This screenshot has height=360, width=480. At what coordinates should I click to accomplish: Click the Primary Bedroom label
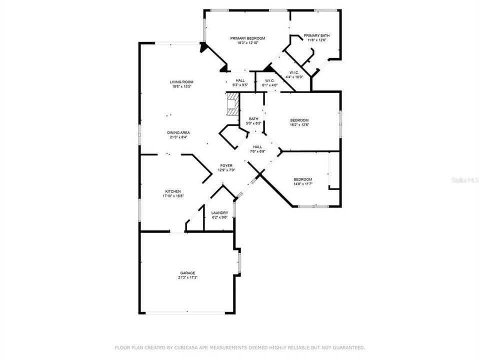tap(247, 38)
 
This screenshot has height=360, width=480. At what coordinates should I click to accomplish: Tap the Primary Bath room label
tap(316, 35)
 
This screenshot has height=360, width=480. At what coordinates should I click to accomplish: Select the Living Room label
tap(181, 82)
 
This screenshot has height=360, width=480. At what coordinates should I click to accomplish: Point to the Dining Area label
tap(178, 132)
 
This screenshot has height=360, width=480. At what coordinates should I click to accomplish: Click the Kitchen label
tap(173, 191)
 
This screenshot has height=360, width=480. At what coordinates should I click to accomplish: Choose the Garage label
tap(188, 273)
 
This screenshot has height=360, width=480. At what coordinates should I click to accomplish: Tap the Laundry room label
tap(220, 212)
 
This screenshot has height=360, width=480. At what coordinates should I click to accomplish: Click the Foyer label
tap(227, 165)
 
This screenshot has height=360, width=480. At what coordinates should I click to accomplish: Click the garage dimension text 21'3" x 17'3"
tap(188, 277)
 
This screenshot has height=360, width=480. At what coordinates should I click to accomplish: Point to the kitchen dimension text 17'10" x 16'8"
tap(173, 196)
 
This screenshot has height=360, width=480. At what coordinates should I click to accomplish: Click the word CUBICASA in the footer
tap(186, 347)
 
